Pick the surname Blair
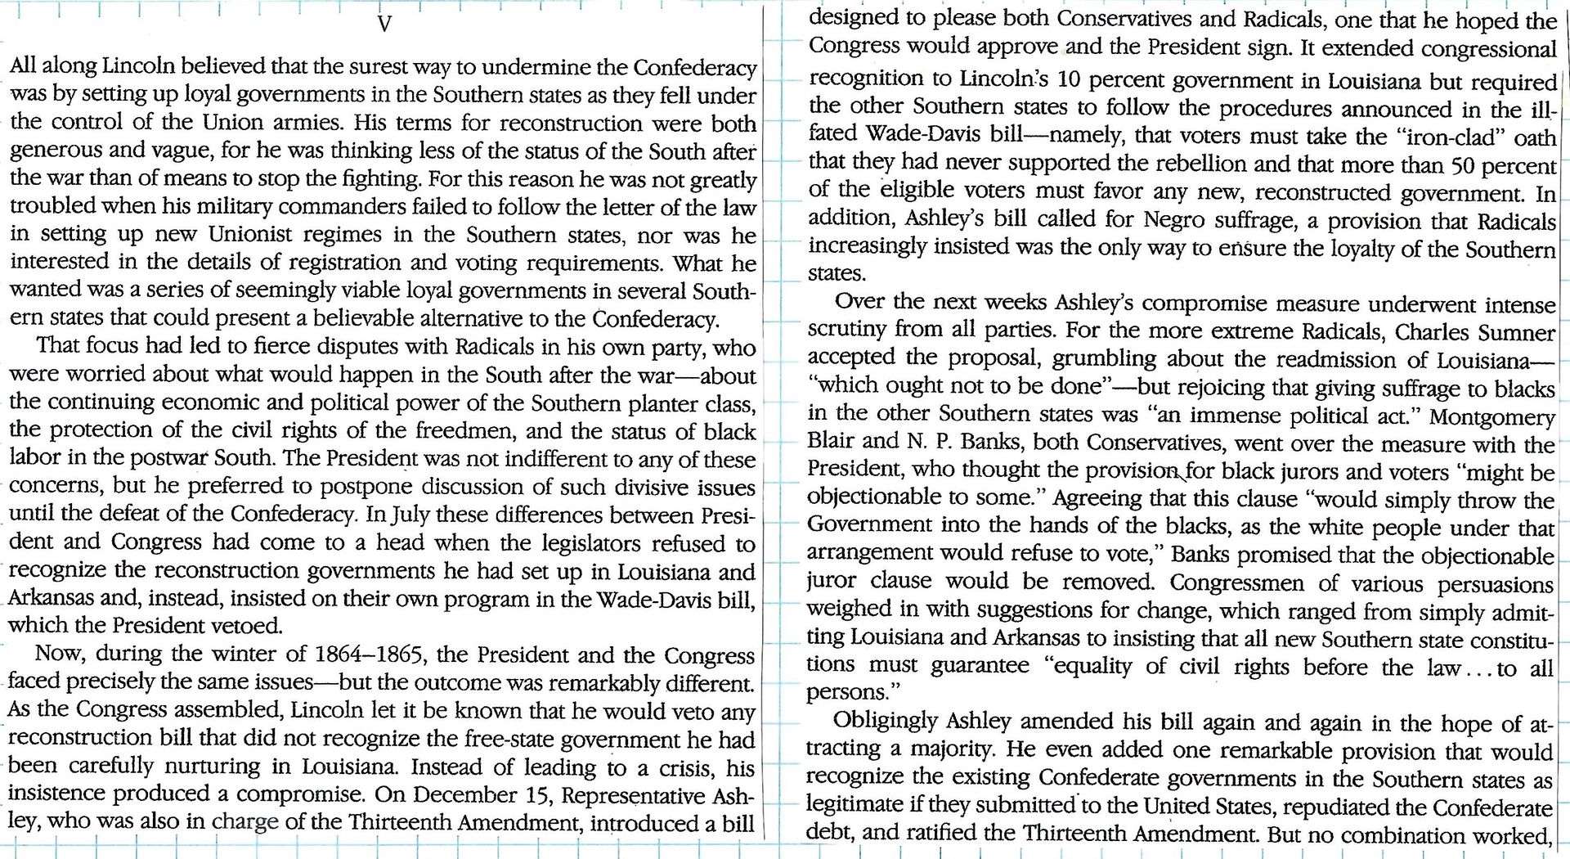click(x=832, y=443)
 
